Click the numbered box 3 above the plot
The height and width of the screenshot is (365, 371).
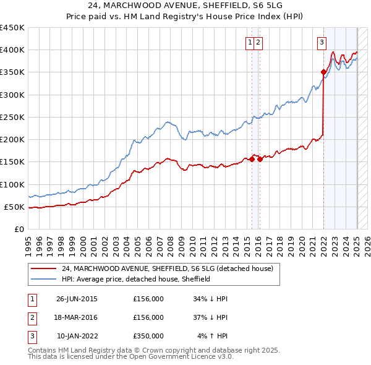click(322, 43)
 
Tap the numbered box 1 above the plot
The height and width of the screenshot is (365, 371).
click(250, 43)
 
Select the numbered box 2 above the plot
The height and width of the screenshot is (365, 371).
click(258, 43)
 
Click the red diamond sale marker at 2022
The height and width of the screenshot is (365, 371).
click(323, 72)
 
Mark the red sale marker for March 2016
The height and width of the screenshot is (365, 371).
click(260, 159)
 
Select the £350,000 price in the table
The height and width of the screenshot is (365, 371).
click(148, 337)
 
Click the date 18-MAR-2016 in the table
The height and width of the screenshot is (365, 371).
click(77, 318)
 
